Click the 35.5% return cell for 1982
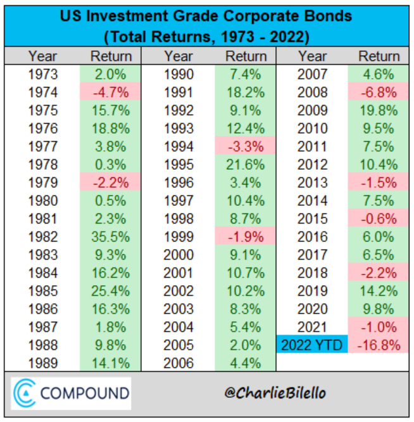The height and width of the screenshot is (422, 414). coord(111,237)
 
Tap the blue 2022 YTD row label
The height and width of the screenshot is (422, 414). coord(312,345)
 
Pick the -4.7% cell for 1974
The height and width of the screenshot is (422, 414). coord(111,93)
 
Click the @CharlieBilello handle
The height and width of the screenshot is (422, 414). coord(274,393)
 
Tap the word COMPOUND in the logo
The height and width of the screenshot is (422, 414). coord(85,393)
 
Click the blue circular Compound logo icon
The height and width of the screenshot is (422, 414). coord(25,393)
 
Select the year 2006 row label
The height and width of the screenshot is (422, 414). coord(179,363)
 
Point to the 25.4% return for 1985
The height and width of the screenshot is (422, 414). coord(111,291)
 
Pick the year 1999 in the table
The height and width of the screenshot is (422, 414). coord(179,237)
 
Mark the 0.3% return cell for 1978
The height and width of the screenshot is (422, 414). coord(111,165)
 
